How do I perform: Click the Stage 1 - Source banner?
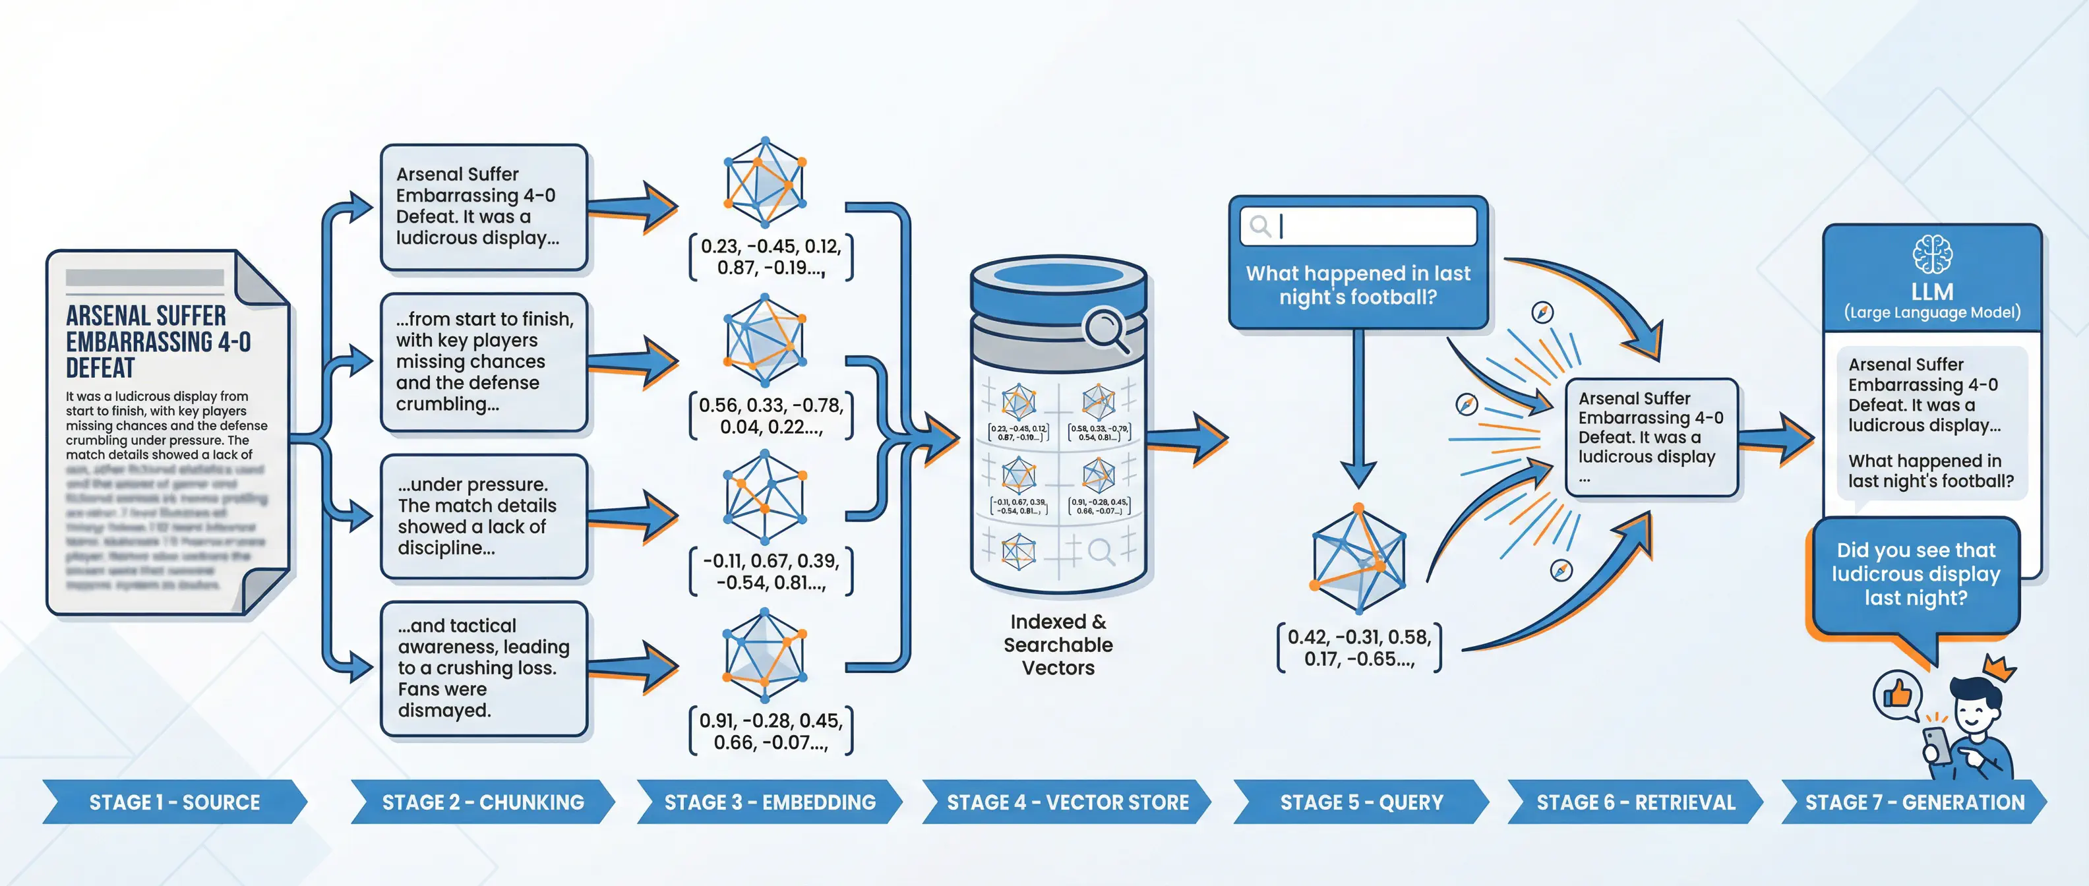tap(173, 802)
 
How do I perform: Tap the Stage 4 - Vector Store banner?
tap(1066, 802)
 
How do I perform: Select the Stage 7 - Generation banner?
tap(1914, 802)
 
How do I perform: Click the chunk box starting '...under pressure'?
tap(483, 516)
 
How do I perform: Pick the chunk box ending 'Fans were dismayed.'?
tap(483, 668)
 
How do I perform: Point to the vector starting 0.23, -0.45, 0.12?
tap(770, 257)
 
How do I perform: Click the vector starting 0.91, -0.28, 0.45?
tap(770, 731)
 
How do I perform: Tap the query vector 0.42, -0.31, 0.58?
tap(1359, 647)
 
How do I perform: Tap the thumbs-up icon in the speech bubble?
tap(1898, 695)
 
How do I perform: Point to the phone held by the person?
tap(1937, 744)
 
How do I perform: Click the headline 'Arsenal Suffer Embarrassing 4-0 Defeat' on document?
tap(158, 341)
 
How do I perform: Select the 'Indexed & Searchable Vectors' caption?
tap(1058, 645)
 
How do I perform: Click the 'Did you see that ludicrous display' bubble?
tap(1916, 574)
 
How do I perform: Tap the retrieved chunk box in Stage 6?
tap(1650, 437)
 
